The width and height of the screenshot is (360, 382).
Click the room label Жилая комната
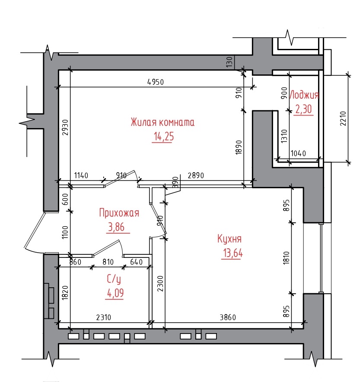click(162, 122)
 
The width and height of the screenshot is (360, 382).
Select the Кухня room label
click(229, 239)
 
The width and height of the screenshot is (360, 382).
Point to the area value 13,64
click(233, 254)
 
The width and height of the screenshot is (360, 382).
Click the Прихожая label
click(119, 213)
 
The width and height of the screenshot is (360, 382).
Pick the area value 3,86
click(116, 227)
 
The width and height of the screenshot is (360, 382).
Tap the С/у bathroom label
click(114, 279)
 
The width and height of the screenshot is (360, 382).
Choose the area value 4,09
click(115, 293)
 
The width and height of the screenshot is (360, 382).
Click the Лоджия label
click(304, 95)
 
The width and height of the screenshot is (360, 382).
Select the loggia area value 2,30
click(303, 109)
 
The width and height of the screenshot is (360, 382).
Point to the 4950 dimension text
click(156, 82)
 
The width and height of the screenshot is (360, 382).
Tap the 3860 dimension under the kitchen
click(228, 318)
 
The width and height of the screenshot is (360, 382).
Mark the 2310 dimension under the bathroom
click(104, 318)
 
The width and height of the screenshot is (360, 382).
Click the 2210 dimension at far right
click(343, 119)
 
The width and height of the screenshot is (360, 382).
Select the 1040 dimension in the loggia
click(299, 154)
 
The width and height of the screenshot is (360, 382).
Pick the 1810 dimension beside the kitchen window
click(286, 258)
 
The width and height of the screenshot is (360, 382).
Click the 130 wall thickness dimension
click(229, 62)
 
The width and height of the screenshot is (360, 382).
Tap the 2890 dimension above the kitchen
click(196, 175)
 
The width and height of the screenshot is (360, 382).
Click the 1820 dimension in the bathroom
click(65, 292)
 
